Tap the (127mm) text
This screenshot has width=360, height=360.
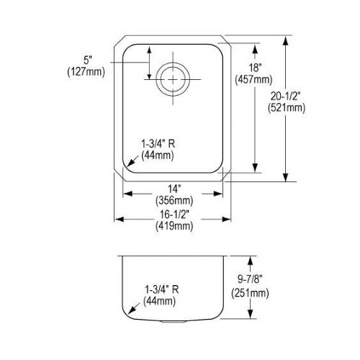tap(86, 71)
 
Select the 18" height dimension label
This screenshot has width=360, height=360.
tap(254, 68)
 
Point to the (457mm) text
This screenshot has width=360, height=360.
tap(253, 79)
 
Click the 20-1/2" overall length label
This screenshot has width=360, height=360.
tap(286, 96)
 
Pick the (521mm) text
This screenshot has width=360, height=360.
tap(287, 108)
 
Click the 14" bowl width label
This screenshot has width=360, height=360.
tap(174, 189)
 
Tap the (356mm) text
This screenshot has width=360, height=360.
tap(174, 200)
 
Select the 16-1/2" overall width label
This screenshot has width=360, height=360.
tap(174, 215)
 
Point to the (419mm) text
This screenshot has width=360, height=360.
tap(174, 226)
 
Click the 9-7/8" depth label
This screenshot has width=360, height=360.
tap(250, 279)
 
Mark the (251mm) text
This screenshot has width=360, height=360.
tap(250, 293)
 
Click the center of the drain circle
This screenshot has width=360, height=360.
tap(173, 79)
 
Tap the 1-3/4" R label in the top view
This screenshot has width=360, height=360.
tap(158, 144)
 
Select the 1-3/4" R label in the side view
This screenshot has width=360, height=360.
tap(161, 289)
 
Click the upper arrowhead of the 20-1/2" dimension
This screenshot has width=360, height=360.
tap(285, 41)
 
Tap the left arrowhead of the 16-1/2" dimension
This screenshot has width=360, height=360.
tap(119, 219)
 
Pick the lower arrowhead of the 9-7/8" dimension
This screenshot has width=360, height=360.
tap(250, 314)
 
